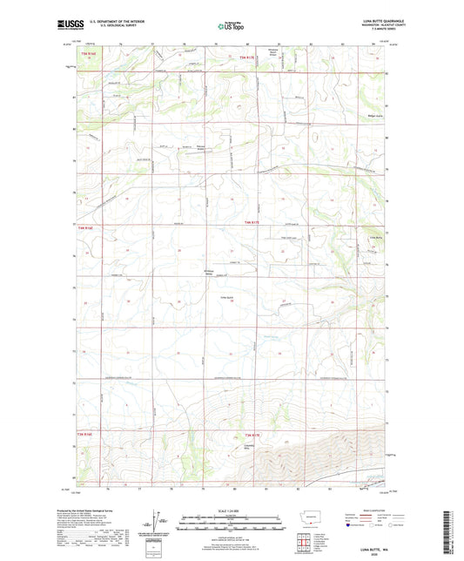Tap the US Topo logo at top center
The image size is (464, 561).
tap(230, 26)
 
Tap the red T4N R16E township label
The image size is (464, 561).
tap(84, 228)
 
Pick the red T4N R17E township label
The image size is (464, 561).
tap(252, 228)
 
